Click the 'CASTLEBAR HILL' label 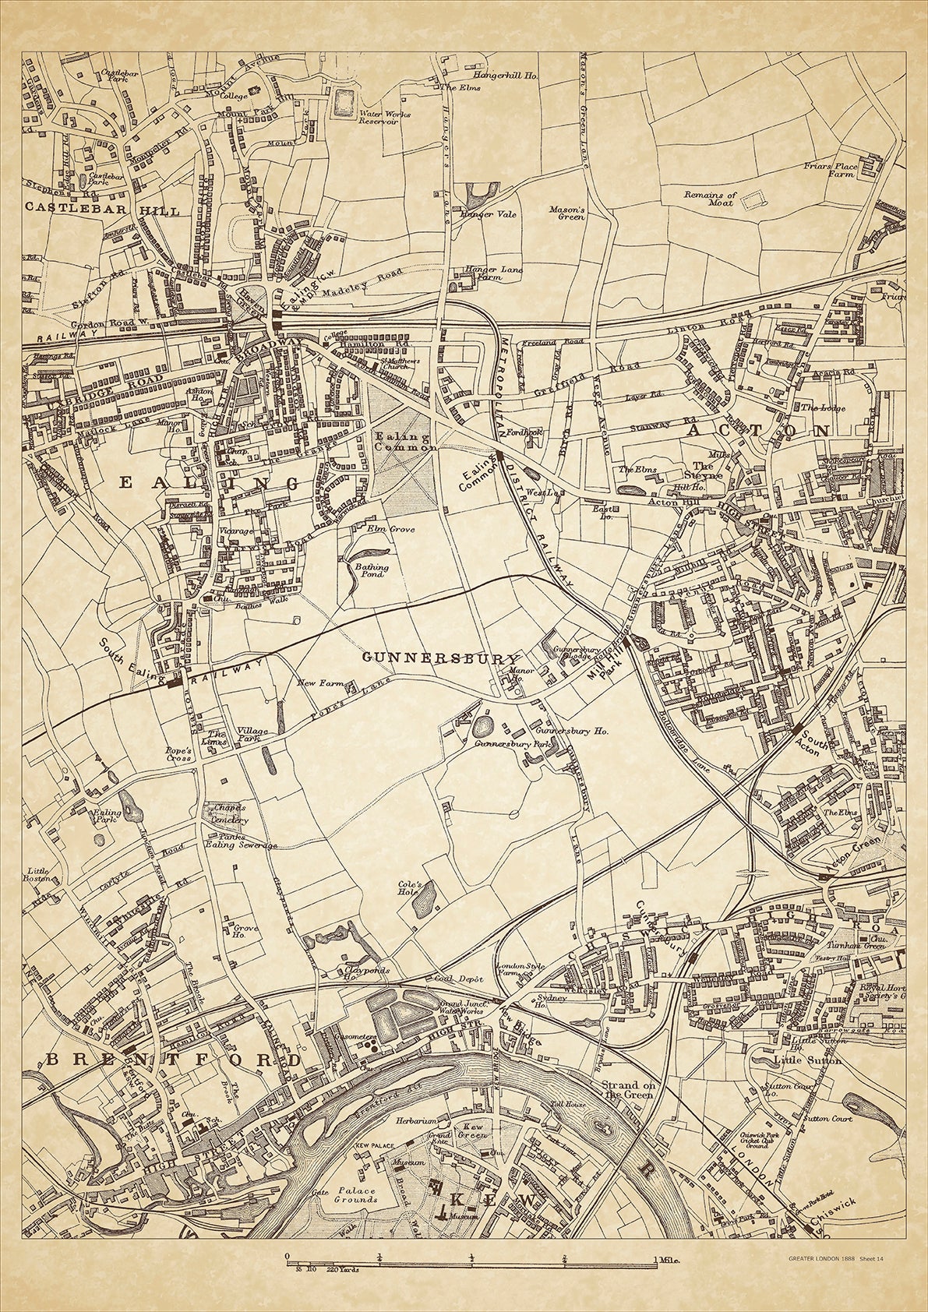coord(102,210)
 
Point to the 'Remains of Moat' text coord(709,199)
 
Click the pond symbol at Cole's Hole coord(425,904)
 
